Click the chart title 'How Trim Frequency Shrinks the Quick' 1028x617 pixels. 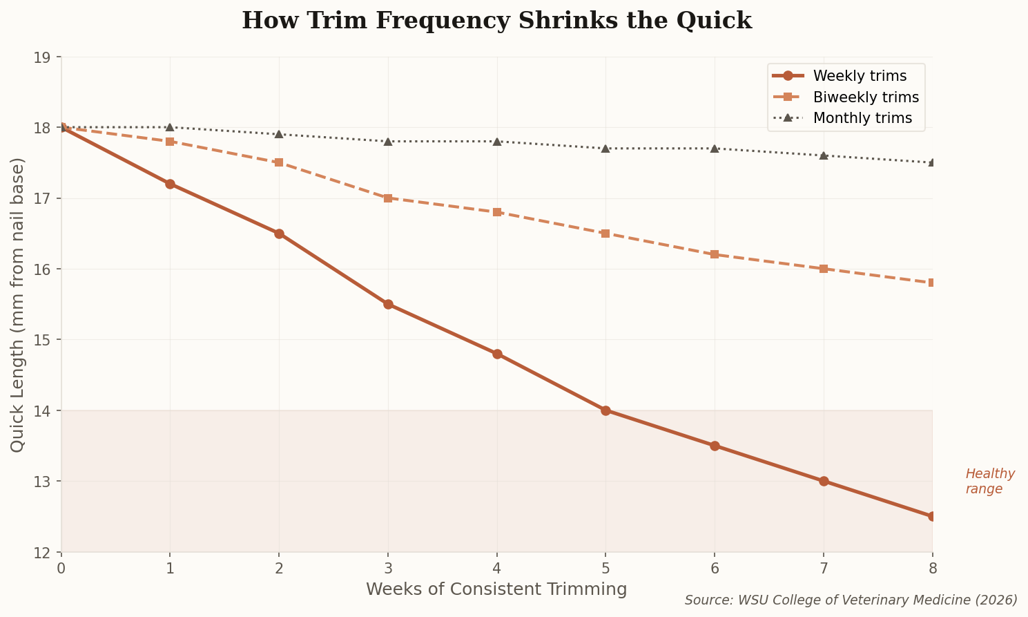[x=496, y=21]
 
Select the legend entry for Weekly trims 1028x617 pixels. [x=860, y=76]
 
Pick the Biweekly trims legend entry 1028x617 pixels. [x=866, y=97]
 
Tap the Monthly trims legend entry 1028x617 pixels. [x=862, y=118]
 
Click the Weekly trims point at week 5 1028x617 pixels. [x=605, y=410]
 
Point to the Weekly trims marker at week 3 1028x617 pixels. [x=388, y=304]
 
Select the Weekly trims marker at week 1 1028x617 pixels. [x=170, y=184]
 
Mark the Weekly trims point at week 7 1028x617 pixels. [x=824, y=481]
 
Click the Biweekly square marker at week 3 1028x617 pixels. [x=388, y=198]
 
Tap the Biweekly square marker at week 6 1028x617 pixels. [x=715, y=254]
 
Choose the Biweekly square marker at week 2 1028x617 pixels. [x=279, y=162]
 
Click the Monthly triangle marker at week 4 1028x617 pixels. [x=497, y=142]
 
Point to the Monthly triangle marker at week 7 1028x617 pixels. [x=824, y=155]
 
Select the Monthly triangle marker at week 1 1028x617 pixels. [x=170, y=127]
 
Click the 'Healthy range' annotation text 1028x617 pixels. [x=990, y=482]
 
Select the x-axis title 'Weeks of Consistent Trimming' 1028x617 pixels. [x=496, y=589]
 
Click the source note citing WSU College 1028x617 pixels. [x=851, y=600]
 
